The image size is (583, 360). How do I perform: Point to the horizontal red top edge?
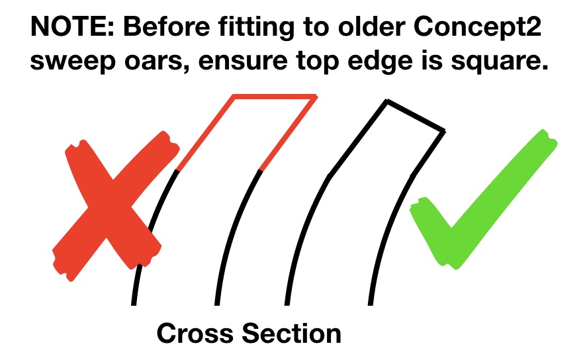(275, 97)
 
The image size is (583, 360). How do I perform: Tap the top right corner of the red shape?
(315, 97)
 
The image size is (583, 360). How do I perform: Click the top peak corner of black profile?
(387, 102)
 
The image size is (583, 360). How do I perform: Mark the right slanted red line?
(289, 134)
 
